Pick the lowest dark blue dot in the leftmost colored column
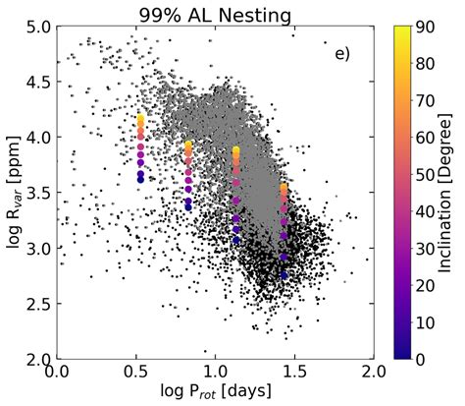(141, 180)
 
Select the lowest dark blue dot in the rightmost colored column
(284, 275)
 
